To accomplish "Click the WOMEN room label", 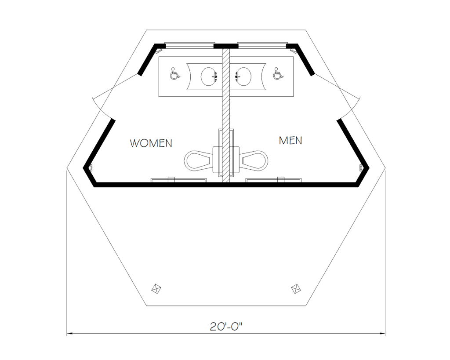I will tap(151, 143).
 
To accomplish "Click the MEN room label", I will tap(290, 141).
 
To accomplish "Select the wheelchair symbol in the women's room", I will tap(174, 74).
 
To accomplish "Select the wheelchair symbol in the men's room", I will tap(277, 74).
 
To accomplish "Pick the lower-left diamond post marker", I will tap(156, 289).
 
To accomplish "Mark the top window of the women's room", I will tap(189, 44).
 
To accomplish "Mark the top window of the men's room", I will tap(262, 44).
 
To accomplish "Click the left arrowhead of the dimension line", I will tap(69, 334).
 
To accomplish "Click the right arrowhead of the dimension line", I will tap(383, 334).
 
